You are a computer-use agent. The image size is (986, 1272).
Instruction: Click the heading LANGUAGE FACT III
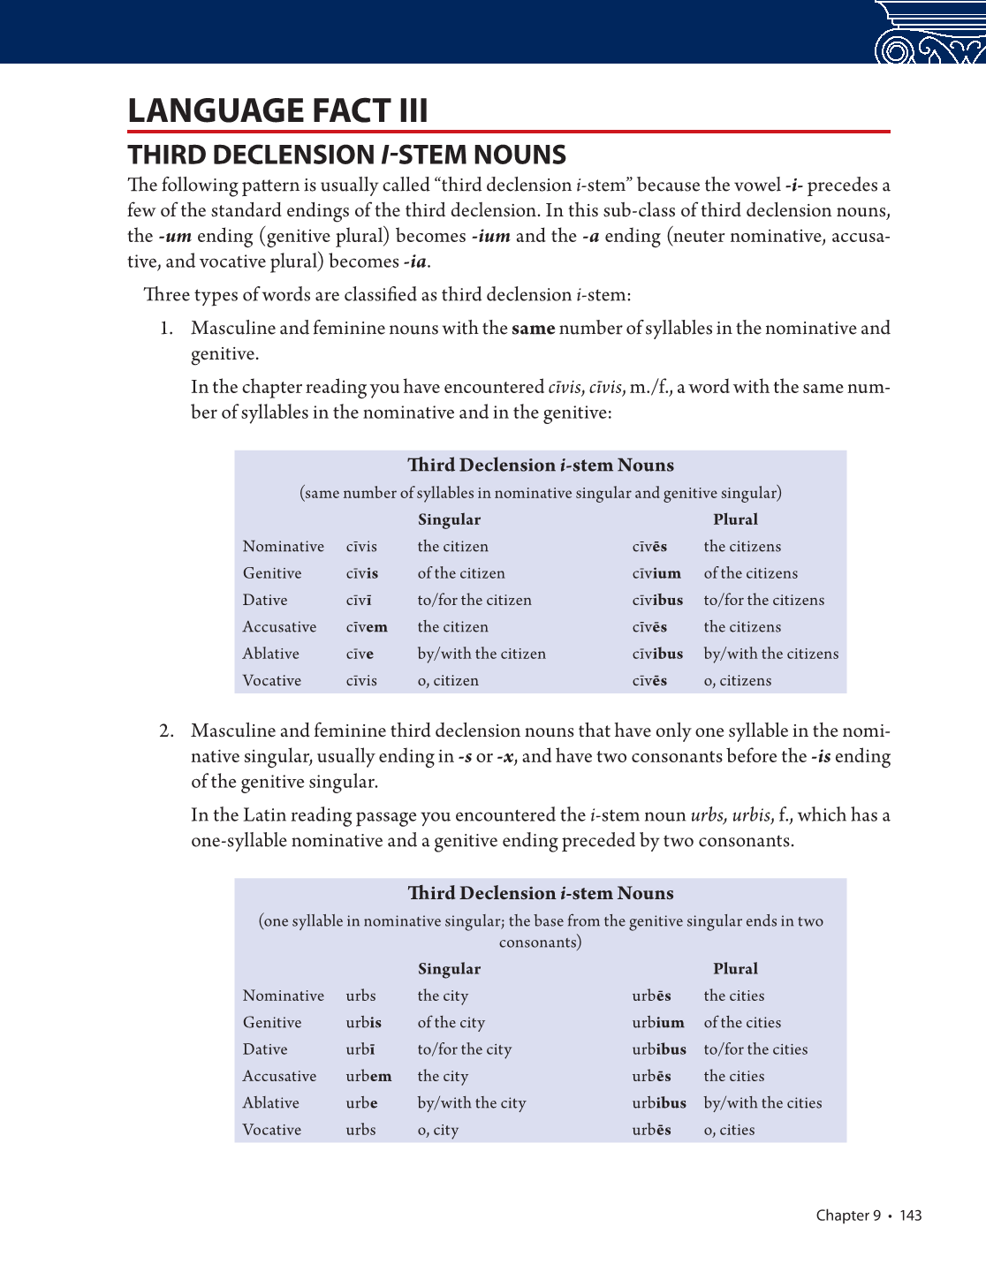[x=277, y=111]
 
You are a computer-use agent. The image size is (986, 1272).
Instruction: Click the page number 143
[x=910, y=1215]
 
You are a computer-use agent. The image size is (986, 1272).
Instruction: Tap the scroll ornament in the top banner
[x=929, y=34]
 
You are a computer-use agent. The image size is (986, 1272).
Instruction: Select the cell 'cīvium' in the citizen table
[x=656, y=573]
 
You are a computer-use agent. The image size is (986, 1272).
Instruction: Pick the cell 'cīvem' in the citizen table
[x=367, y=627]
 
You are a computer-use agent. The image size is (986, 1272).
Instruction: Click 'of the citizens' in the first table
[x=750, y=573]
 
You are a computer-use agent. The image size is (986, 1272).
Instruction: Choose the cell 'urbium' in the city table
[x=657, y=1023]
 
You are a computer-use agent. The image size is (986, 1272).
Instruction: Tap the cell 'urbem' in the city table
[x=368, y=1076]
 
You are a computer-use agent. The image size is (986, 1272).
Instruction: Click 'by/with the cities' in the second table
[x=762, y=1103]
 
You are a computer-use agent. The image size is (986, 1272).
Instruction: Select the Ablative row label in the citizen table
[x=270, y=654]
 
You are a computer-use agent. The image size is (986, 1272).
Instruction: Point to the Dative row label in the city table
[x=265, y=1049]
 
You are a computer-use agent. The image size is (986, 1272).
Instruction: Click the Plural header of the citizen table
[x=735, y=519]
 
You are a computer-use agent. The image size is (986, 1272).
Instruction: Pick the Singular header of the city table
[x=449, y=969]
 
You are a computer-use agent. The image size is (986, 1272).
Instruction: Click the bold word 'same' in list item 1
[x=533, y=329]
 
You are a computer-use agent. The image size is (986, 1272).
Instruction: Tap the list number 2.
[x=166, y=731]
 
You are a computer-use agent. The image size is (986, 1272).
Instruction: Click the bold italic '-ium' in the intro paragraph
[x=490, y=237]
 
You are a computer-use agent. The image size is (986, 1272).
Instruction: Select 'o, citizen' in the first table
[x=448, y=681]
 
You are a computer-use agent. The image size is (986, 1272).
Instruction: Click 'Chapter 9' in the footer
[x=848, y=1215]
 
